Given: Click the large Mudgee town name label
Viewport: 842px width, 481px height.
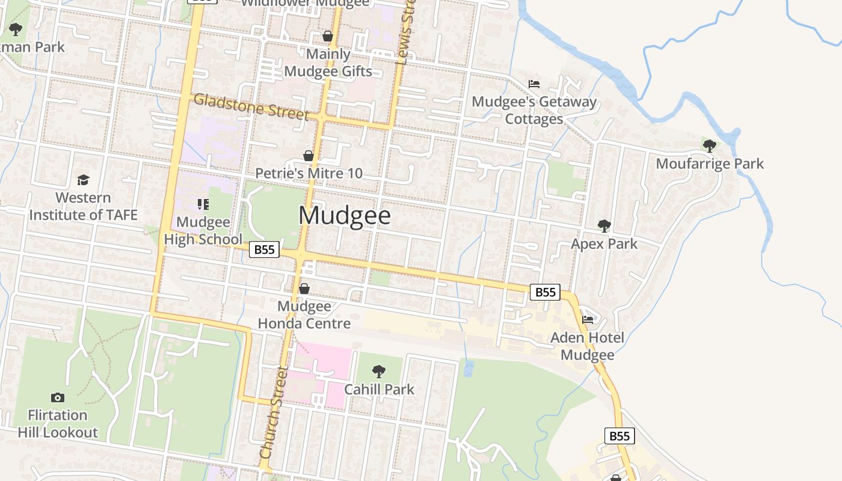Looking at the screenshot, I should tap(345, 216).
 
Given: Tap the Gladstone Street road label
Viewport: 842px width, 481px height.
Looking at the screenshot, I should tap(251, 106).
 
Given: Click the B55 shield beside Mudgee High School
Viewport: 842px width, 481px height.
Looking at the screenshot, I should tap(265, 250).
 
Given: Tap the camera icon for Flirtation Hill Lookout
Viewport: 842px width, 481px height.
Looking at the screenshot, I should tap(58, 397).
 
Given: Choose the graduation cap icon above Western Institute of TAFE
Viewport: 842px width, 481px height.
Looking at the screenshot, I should tap(83, 180).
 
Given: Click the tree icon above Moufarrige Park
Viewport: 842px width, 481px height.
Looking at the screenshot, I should tap(710, 145).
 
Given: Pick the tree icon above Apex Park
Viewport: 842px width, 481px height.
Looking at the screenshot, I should tap(604, 226).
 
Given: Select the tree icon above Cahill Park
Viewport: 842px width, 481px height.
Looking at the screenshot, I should tap(379, 371).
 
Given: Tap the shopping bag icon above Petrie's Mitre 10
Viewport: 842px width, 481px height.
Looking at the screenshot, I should tap(309, 156).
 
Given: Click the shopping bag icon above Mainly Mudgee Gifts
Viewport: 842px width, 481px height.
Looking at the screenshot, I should tap(328, 36).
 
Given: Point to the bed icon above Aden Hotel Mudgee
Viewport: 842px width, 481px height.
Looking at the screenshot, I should tap(588, 319).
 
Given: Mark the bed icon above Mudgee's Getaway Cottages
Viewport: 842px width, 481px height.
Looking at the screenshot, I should tap(534, 84).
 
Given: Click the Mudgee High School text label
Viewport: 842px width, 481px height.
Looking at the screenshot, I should tap(203, 231).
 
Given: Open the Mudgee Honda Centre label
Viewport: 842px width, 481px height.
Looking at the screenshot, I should tap(304, 315).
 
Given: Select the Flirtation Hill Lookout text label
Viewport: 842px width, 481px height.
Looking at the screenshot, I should tap(58, 424).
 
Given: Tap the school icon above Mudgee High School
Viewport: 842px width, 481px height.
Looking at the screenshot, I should tap(203, 204).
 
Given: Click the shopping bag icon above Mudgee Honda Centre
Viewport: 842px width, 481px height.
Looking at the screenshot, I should tap(304, 289).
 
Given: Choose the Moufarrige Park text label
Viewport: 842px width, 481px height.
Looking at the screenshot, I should tap(710, 164).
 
